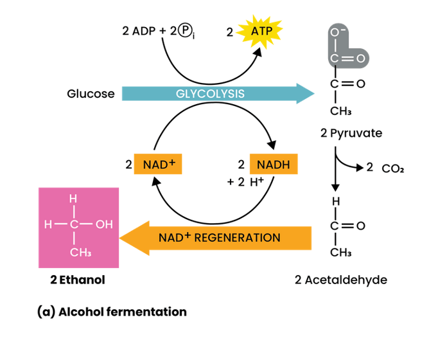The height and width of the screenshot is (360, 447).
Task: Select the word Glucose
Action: pyautogui.click(x=91, y=94)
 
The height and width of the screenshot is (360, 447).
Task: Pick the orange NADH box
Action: pyautogui.click(x=273, y=165)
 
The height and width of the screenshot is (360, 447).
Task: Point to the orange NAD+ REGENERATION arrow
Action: pyautogui.click(x=218, y=237)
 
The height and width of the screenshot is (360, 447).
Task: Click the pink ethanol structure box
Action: pyautogui.click(x=79, y=228)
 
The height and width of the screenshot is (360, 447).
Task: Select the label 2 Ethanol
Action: pyautogui.click(x=78, y=280)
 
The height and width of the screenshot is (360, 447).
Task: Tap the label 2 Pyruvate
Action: pyautogui.click(x=351, y=134)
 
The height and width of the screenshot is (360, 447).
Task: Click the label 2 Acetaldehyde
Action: pyautogui.click(x=340, y=280)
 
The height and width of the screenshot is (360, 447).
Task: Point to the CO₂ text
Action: pyautogui.click(x=392, y=169)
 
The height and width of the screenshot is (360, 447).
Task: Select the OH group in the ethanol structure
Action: pyautogui.click(x=104, y=225)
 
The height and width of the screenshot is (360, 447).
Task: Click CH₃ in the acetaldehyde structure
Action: pyautogui.click(x=340, y=253)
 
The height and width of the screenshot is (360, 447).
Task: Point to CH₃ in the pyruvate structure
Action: pyautogui.click(x=340, y=112)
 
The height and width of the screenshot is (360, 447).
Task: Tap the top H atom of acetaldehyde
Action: pyautogui.click(x=334, y=202)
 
